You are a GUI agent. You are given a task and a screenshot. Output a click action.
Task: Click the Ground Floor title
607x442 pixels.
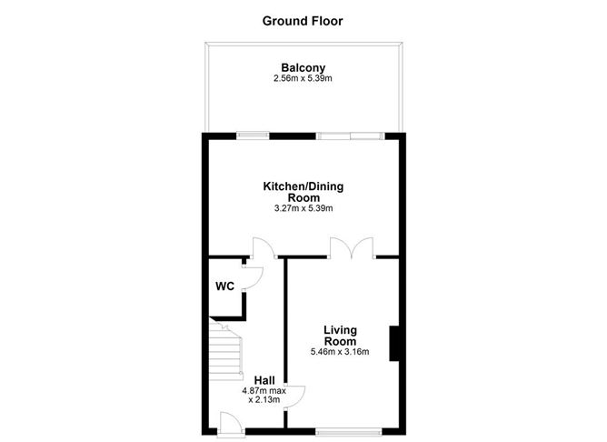303,19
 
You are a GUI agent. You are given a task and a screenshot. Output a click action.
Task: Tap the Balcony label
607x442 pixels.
303,67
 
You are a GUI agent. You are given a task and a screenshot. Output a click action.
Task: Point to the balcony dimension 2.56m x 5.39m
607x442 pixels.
303,79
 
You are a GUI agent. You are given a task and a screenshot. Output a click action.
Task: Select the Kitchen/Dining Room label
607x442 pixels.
303,191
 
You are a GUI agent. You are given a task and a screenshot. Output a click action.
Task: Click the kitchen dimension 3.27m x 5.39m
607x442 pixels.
303,208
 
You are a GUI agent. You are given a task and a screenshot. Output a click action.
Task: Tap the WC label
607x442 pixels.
224,286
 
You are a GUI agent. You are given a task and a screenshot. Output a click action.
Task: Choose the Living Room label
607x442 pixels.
341,335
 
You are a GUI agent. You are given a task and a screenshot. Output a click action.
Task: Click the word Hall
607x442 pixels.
264,380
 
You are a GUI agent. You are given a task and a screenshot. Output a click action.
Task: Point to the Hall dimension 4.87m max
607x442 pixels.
264,392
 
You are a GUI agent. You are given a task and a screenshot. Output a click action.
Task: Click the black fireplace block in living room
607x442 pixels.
394,345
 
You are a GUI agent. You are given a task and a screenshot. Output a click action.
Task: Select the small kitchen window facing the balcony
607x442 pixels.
254,136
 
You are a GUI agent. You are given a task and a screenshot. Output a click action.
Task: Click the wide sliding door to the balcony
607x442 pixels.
349,136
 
